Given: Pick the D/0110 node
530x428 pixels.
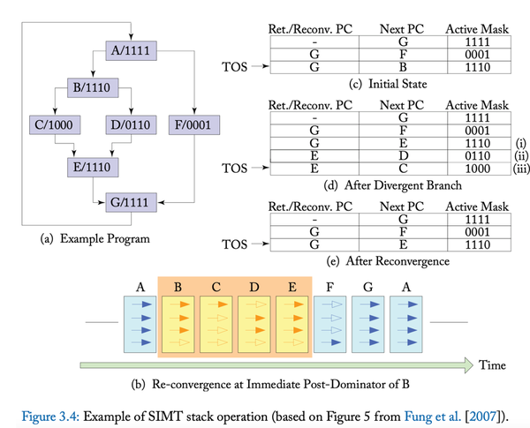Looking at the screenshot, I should (x=132, y=126).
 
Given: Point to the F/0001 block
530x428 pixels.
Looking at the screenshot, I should (x=193, y=126).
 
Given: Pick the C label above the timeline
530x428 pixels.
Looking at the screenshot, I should (x=216, y=286).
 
